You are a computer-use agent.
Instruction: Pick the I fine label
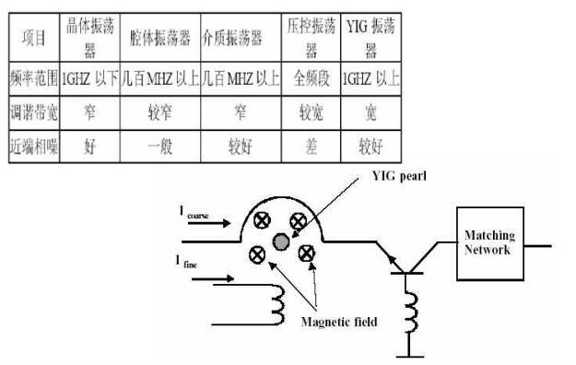point(185,263)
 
